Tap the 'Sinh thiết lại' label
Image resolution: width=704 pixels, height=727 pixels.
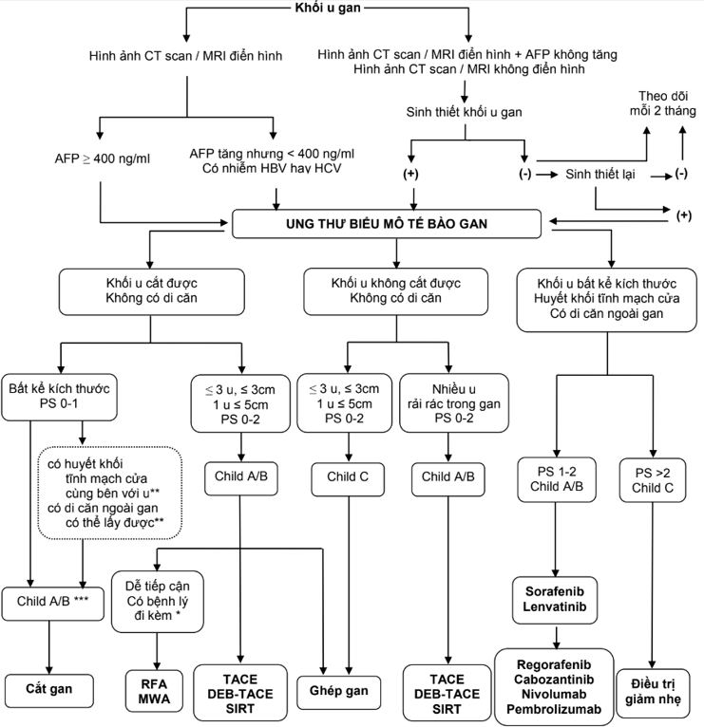[601, 175]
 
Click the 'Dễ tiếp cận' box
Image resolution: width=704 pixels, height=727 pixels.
[152, 601]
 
